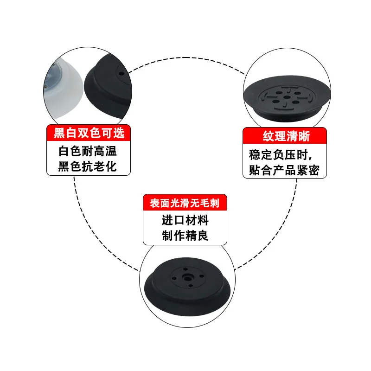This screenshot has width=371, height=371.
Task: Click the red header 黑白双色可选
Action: point(89,134)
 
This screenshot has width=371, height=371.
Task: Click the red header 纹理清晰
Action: point(286,136)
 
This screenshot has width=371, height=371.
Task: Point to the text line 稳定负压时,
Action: point(284,154)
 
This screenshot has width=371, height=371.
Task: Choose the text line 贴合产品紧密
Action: point(284,170)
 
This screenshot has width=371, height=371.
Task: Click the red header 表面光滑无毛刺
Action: point(185,203)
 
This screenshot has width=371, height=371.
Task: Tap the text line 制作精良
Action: point(185,236)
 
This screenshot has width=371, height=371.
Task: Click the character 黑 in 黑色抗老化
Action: point(64,166)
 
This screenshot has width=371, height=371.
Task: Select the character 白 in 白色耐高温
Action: point(64,151)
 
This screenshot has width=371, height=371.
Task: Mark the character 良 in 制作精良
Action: point(203,236)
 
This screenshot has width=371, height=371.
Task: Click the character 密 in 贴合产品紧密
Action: point(314,170)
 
